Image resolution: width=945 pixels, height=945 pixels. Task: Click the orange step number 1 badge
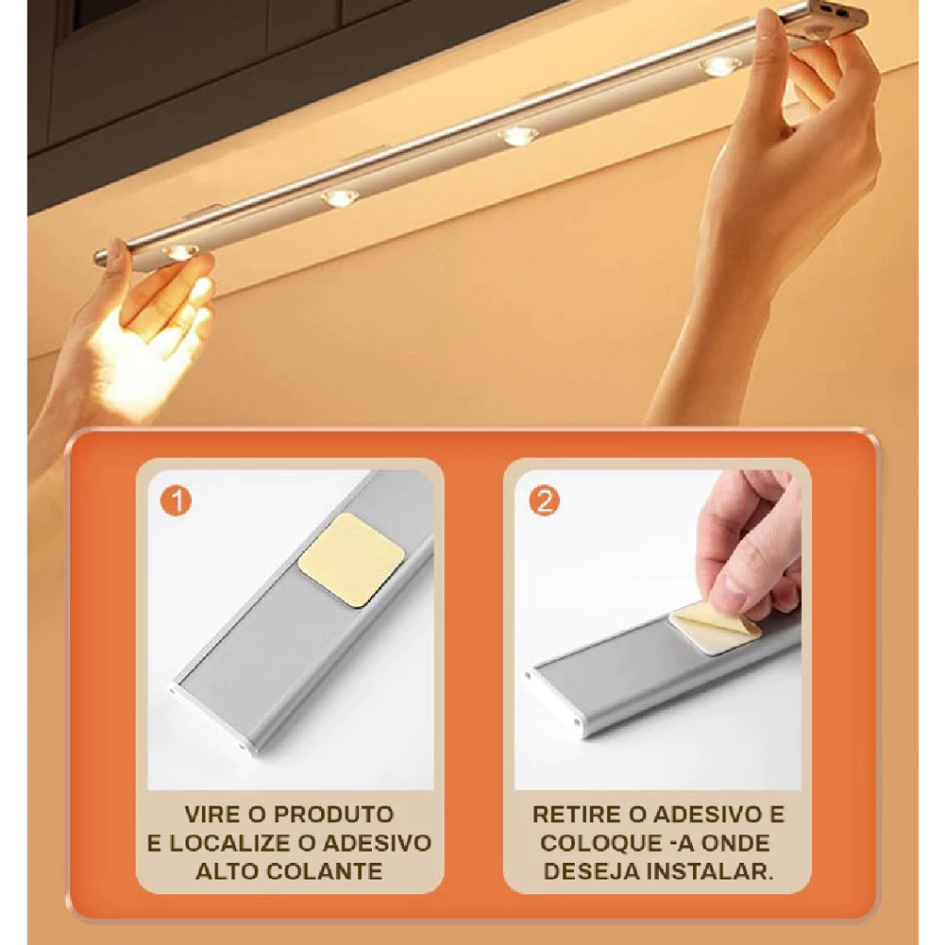click(176, 501)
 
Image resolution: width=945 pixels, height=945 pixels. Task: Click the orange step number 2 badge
click(544, 501)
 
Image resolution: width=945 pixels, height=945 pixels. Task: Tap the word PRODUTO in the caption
click(333, 814)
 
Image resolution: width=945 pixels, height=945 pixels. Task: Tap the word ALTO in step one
click(223, 871)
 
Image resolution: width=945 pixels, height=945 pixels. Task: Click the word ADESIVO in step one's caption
click(377, 843)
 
